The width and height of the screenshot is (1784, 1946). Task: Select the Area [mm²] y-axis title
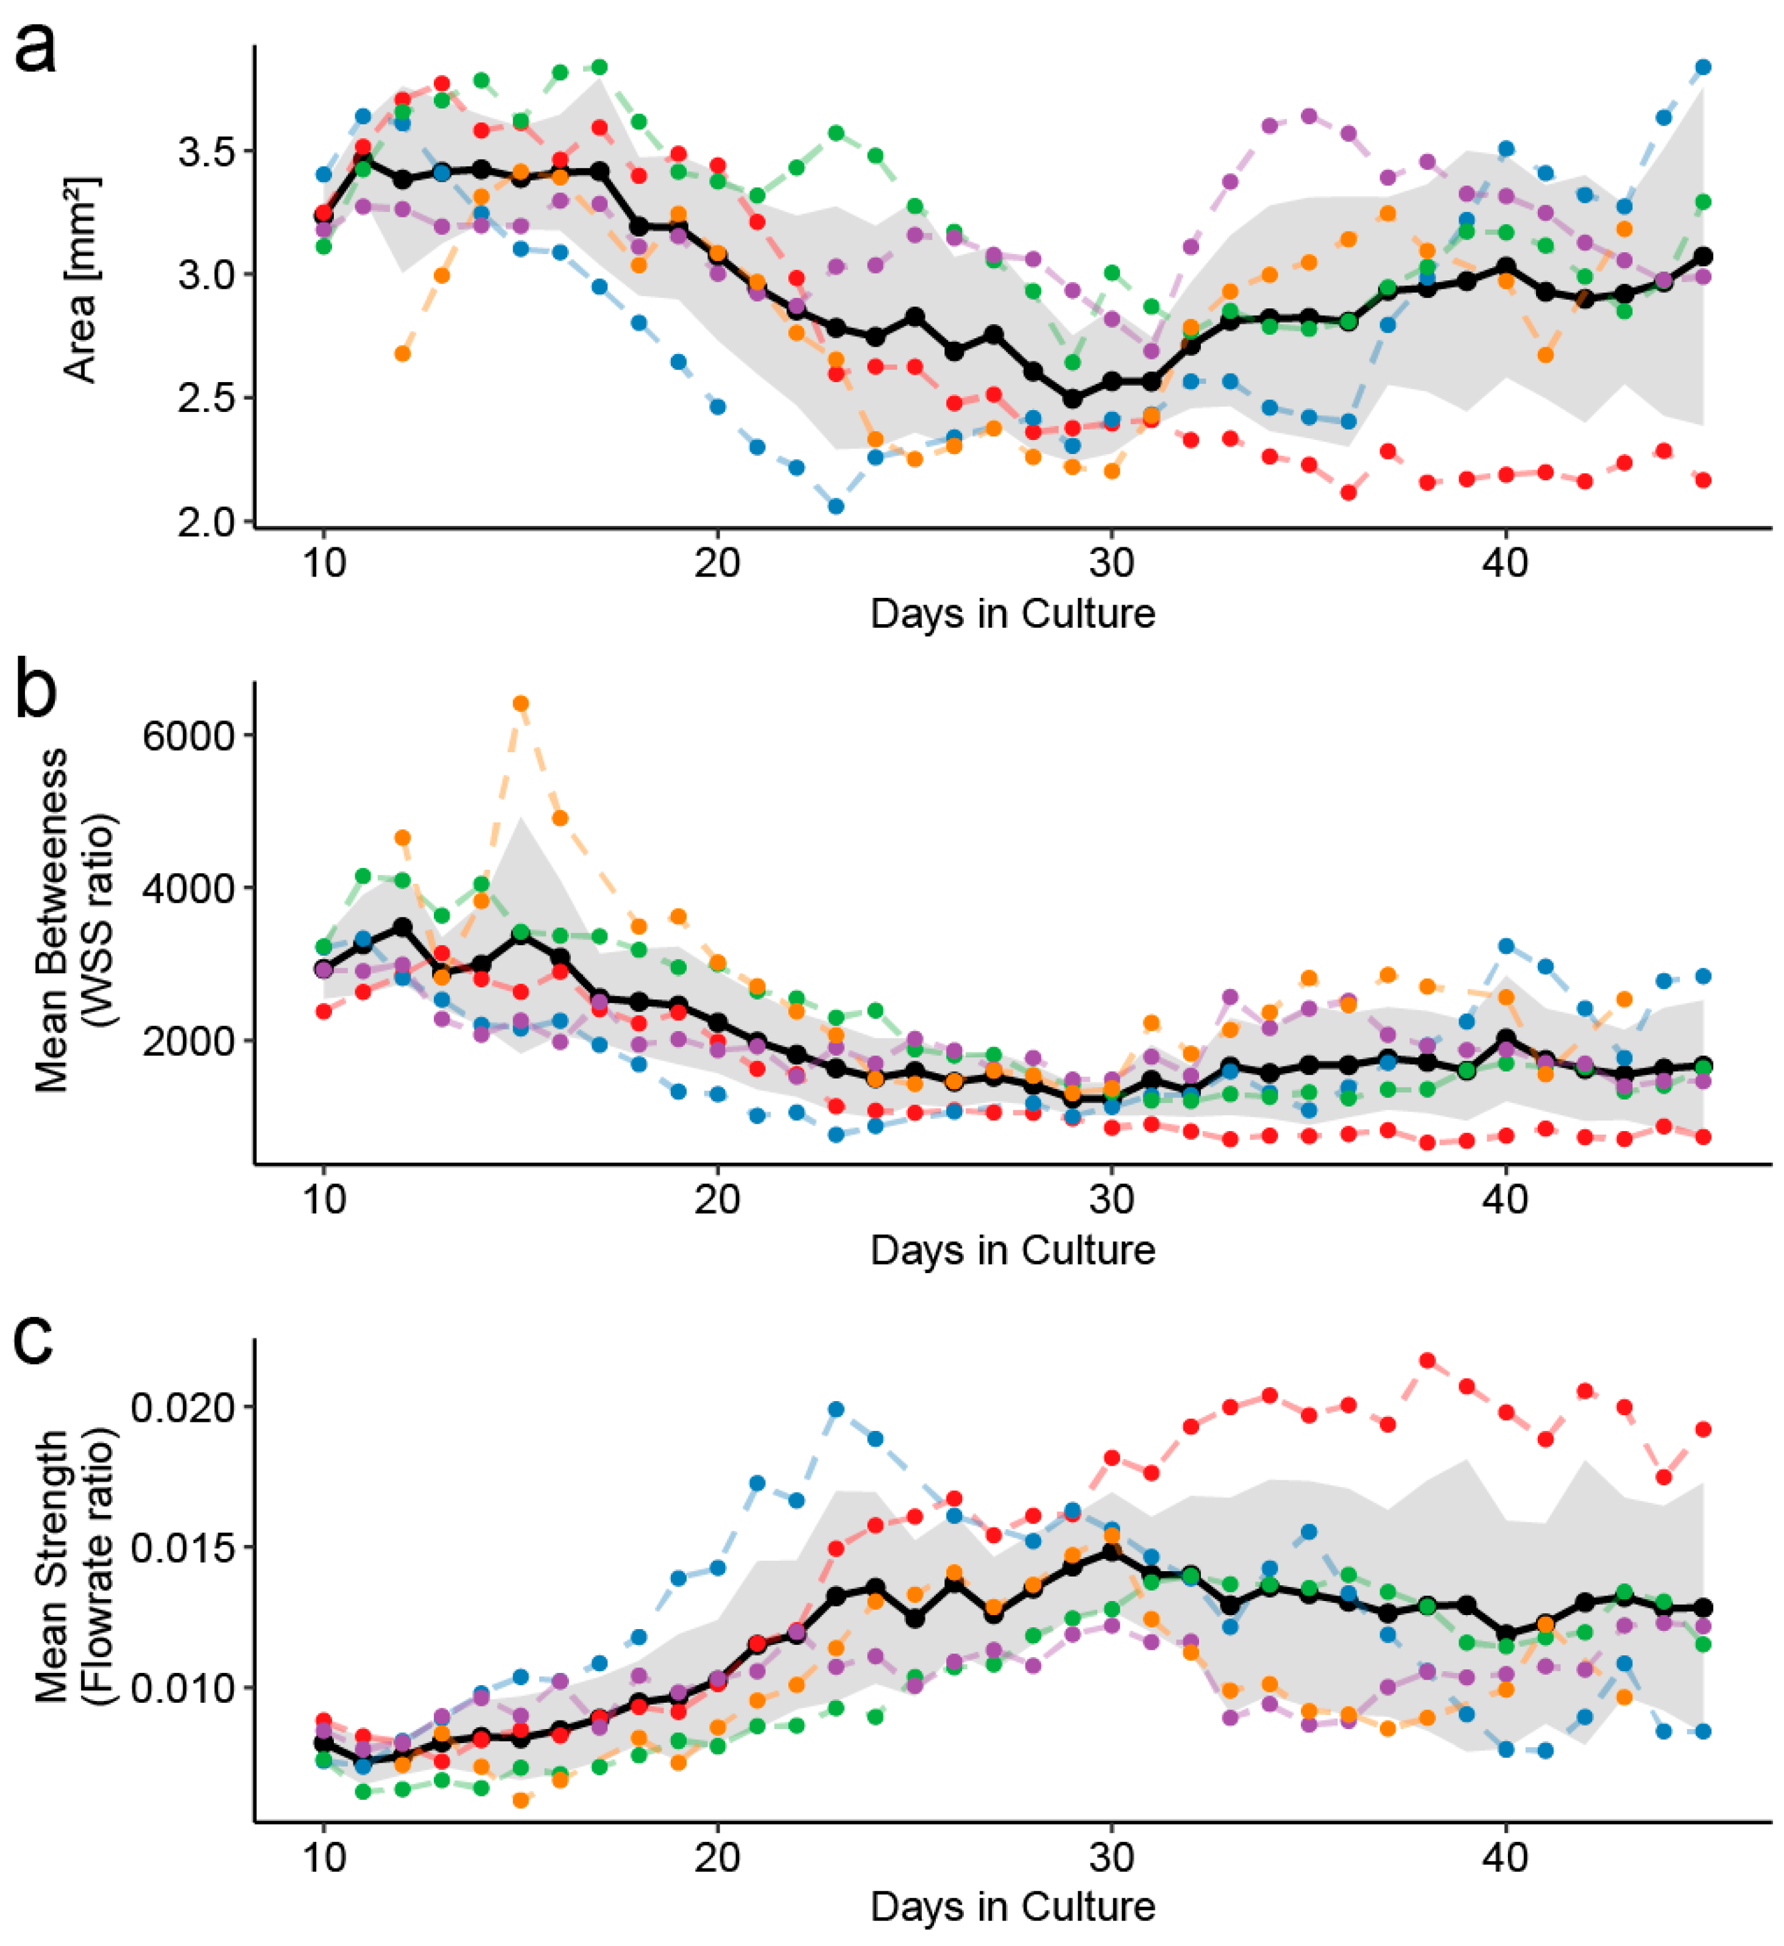[x=81, y=280]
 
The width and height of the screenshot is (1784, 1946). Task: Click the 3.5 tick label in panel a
[x=205, y=152]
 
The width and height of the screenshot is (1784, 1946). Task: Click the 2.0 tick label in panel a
[x=205, y=522]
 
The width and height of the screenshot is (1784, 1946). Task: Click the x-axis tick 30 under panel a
[x=1111, y=562]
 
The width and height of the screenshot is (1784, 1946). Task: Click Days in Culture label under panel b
[x=1013, y=1251]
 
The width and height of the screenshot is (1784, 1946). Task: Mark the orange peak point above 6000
[x=520, y=703]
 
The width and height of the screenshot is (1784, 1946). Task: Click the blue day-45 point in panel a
[x=1703, y=66]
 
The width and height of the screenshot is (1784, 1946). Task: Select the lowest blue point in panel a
[x=836, y=506]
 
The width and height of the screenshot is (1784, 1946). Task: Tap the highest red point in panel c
[x=1427, y=1361]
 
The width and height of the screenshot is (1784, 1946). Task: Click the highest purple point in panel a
[x=1309, y=116]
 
